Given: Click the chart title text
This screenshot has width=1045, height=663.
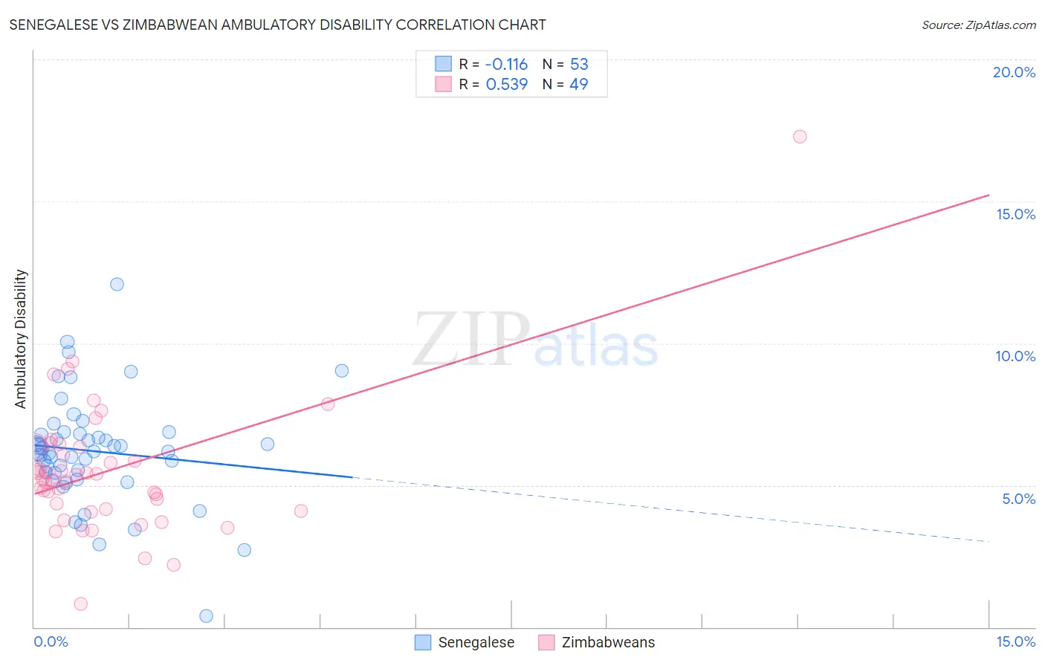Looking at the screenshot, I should (277, 25).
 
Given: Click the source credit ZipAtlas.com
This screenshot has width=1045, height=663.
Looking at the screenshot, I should (978, 25).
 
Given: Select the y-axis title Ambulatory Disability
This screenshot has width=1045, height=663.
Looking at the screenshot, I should (21, 339).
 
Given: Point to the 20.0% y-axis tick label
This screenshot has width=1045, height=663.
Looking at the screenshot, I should (1014, 72).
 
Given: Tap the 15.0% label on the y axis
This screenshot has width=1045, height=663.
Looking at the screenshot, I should (1015, 214).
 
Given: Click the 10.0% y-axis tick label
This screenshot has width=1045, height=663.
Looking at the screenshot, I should (1015, 356).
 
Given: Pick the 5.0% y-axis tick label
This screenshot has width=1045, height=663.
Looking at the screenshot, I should (1018, 499).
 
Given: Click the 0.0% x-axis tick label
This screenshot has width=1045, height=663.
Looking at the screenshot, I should (51, 641).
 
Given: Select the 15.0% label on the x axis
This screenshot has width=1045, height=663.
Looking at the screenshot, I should (1015, 641).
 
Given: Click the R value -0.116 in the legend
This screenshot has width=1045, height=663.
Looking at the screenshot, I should (506, 65).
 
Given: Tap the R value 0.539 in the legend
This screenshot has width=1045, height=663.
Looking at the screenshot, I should (506, 85).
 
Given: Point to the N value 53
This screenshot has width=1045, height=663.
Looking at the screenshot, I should (579, 65).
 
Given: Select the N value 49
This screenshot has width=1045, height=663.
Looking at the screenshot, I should (578, 85).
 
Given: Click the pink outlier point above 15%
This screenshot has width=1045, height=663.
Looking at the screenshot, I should (800, 137).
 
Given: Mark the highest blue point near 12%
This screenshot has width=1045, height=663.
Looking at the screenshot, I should (117, 284).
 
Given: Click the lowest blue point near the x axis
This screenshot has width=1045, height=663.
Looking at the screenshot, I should (207, 616).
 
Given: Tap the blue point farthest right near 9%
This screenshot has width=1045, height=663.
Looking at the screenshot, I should (342, 371).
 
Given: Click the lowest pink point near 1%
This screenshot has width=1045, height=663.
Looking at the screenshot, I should (81, 604).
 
